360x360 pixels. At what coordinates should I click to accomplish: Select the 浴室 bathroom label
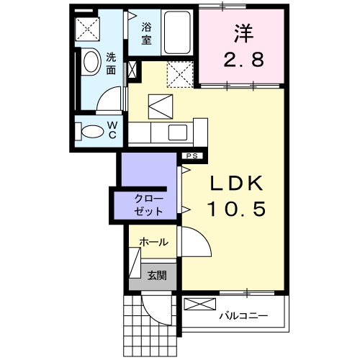coord(146,34)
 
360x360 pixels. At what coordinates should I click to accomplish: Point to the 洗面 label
coord(112,64)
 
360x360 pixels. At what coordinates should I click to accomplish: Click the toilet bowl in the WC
coord(91,132)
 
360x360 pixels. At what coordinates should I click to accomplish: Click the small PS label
coord(192,156)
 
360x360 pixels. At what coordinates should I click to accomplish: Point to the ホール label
coord(153,243)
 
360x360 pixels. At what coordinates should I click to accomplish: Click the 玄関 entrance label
coord(157,274)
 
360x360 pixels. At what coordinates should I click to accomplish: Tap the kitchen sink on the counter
coord(176,132)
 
